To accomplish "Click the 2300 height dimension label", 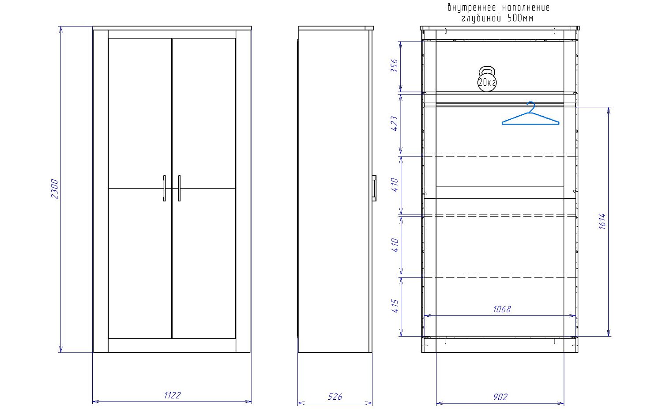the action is point(55,189).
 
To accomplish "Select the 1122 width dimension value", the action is point(172,395).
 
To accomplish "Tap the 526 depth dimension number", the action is point(335,397).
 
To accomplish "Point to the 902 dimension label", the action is point(500,397).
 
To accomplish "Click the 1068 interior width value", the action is point(502,309).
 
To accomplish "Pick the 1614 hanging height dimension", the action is point(602,221).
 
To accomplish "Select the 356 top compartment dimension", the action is point(395,66).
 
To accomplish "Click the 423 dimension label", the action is point(395,124).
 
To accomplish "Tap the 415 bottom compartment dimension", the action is point(395,306).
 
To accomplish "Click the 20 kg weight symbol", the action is point(487,79).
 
